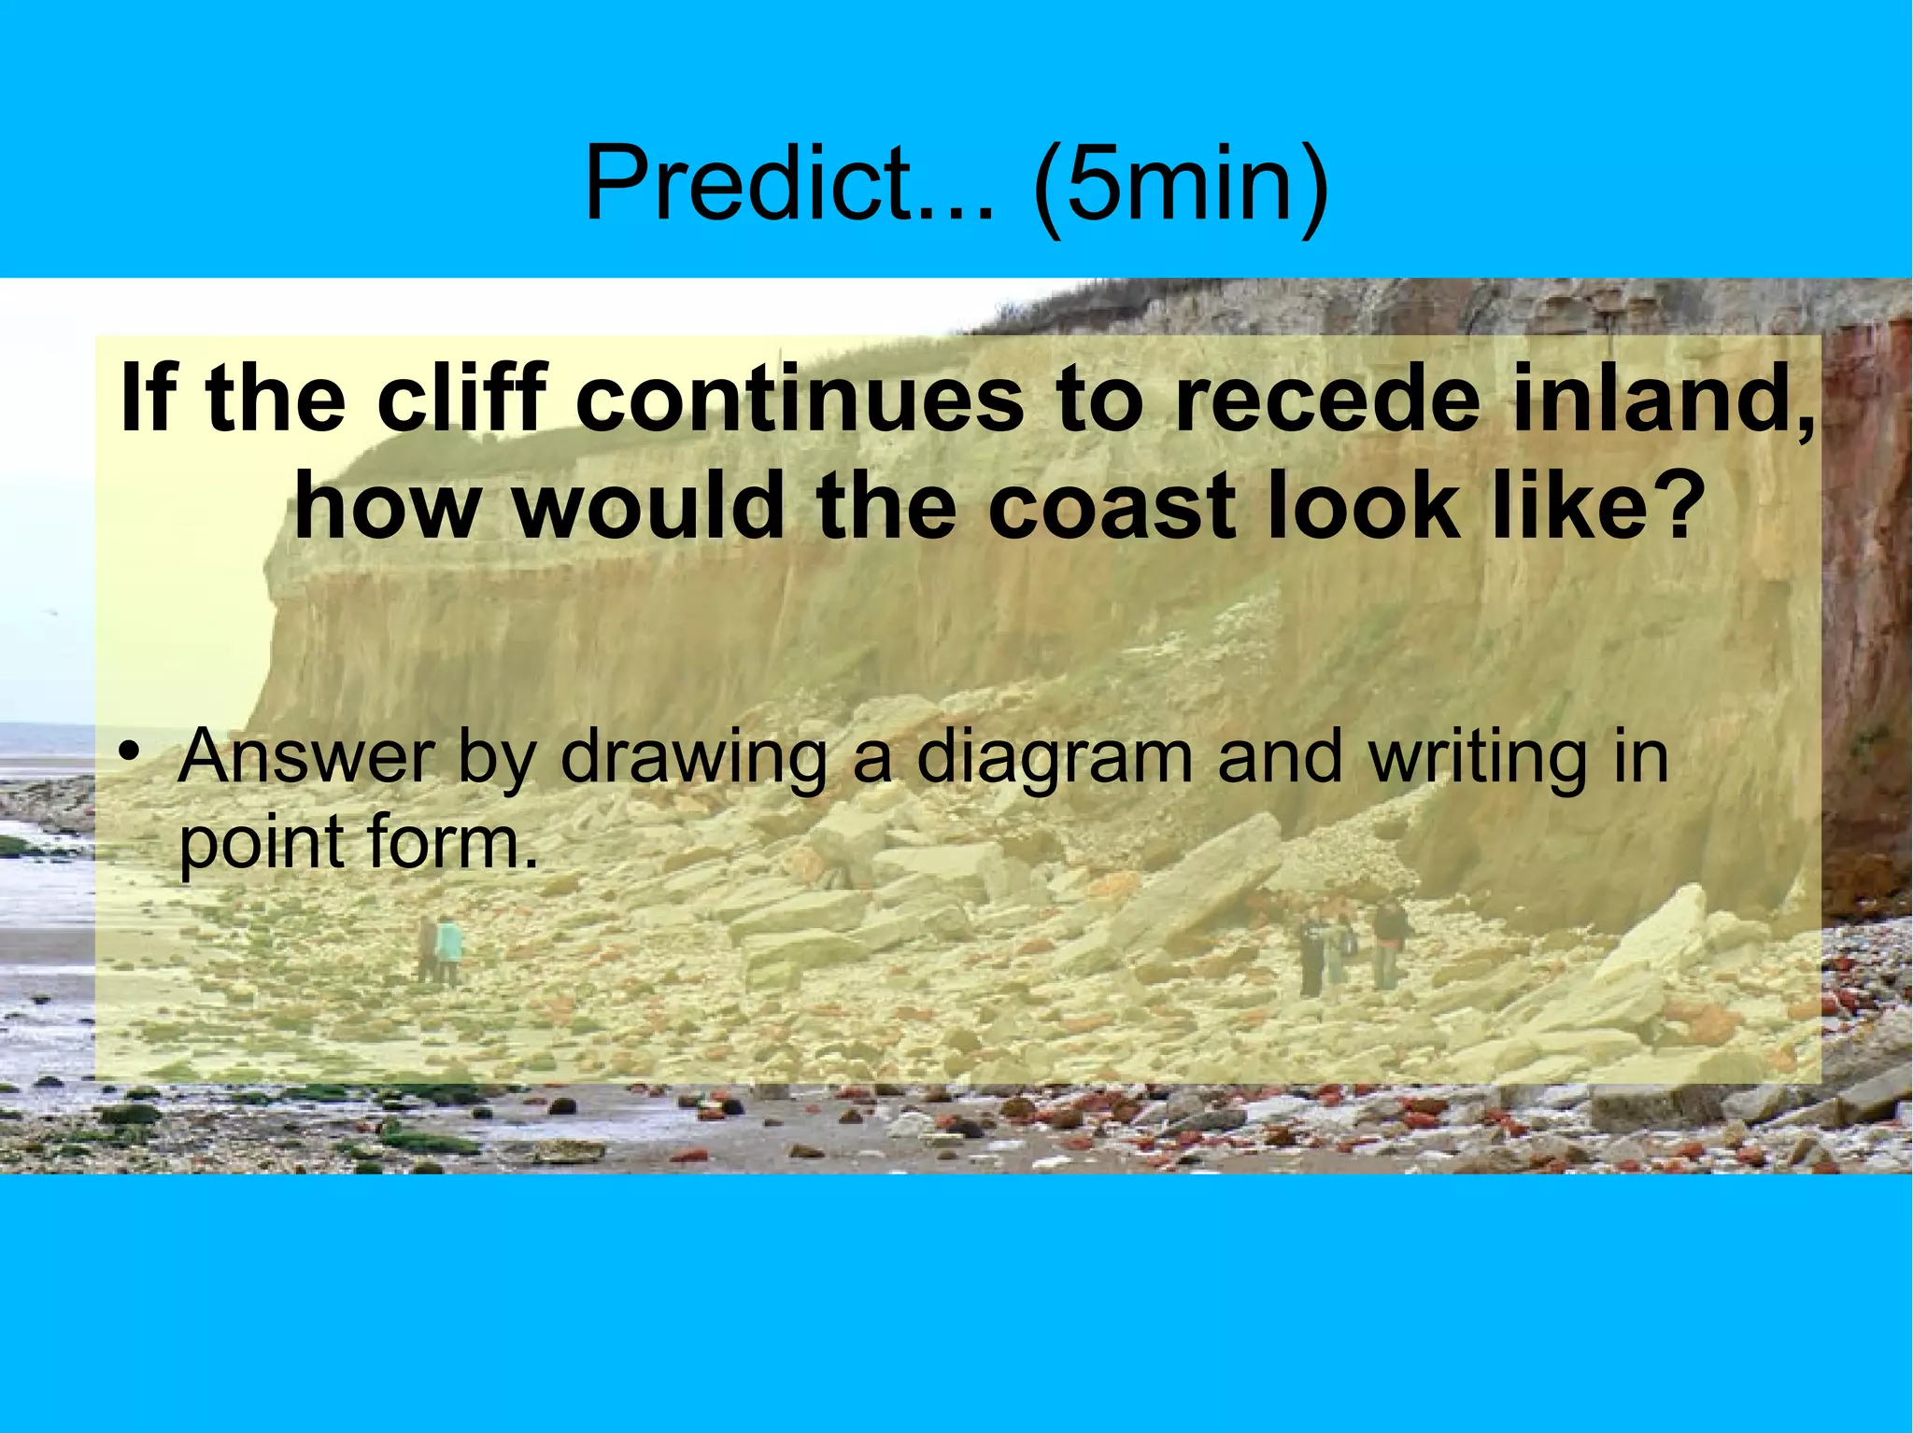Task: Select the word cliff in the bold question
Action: pos(462,399)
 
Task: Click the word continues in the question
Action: pos(800,399)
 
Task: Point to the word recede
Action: pos(1327,399)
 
